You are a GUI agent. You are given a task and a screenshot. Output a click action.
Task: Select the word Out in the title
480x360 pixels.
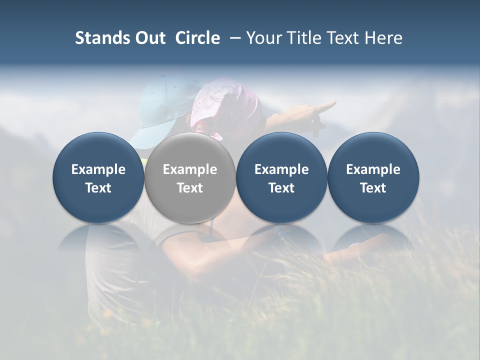point(148,38)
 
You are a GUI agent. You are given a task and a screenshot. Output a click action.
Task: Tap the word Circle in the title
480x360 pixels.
point(197,38)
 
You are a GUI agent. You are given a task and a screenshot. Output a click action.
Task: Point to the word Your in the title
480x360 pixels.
point(264,38)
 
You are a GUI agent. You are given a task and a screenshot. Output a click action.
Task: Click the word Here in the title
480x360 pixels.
point(383,38)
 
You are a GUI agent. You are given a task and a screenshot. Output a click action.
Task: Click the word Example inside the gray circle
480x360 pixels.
point(190,169)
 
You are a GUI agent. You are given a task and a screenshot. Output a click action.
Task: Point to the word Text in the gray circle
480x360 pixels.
point(190,188)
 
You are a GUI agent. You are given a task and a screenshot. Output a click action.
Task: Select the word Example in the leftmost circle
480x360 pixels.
point(98,169)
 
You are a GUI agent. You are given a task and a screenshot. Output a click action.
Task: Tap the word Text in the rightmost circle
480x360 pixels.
point(373,188)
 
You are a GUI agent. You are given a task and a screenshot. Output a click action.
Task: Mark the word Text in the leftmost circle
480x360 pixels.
point(98,188)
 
